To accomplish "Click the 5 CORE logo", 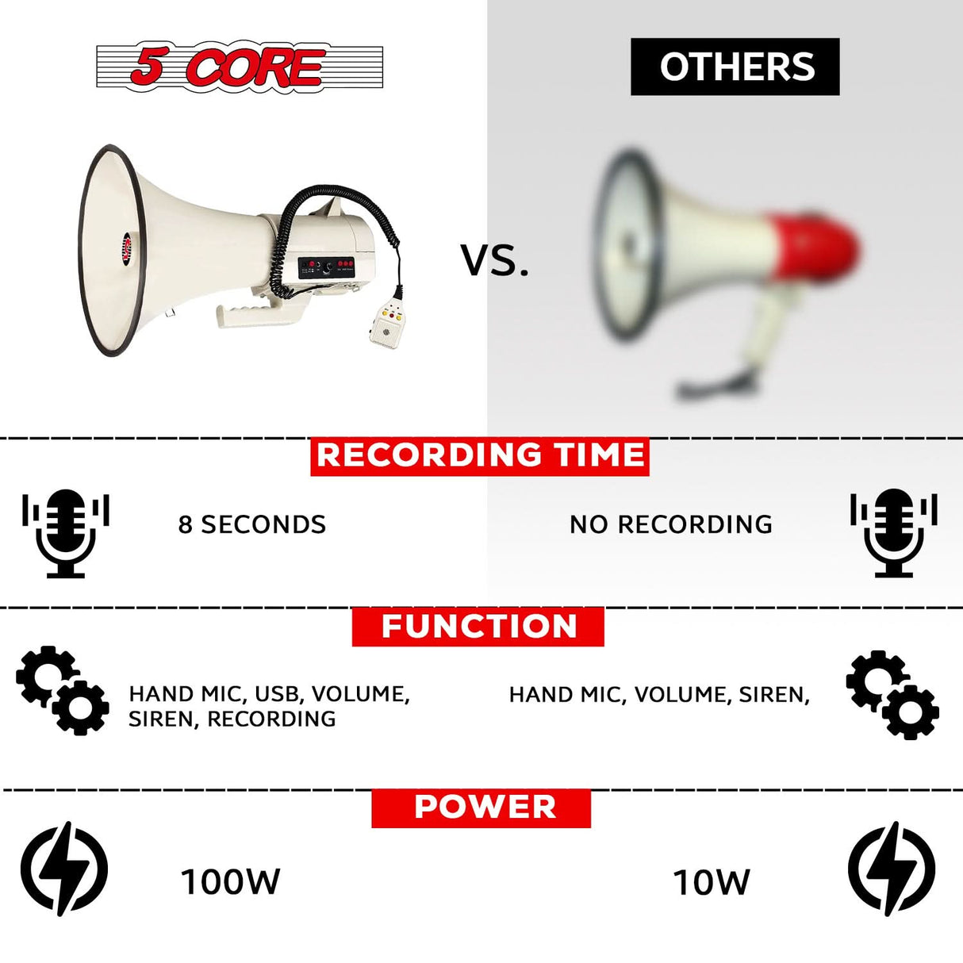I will [239, 67].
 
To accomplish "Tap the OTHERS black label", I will [735, 67].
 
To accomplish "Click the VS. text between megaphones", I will [495, 260].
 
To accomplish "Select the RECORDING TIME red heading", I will [480, 456].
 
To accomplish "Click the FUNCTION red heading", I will [478, 627].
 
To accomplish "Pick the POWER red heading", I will [481, 808].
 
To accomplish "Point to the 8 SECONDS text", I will [251, 524].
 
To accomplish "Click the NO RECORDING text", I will [670, 524].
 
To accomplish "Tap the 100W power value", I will [230, 882].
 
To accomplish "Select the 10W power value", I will [711, 882].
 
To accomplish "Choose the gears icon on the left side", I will [63, 690].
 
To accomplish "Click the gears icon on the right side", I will [892, 695].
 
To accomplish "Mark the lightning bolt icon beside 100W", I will [63, 869].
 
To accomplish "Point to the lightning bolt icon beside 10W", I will [892, 869].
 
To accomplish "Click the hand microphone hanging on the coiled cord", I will [387, 321].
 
